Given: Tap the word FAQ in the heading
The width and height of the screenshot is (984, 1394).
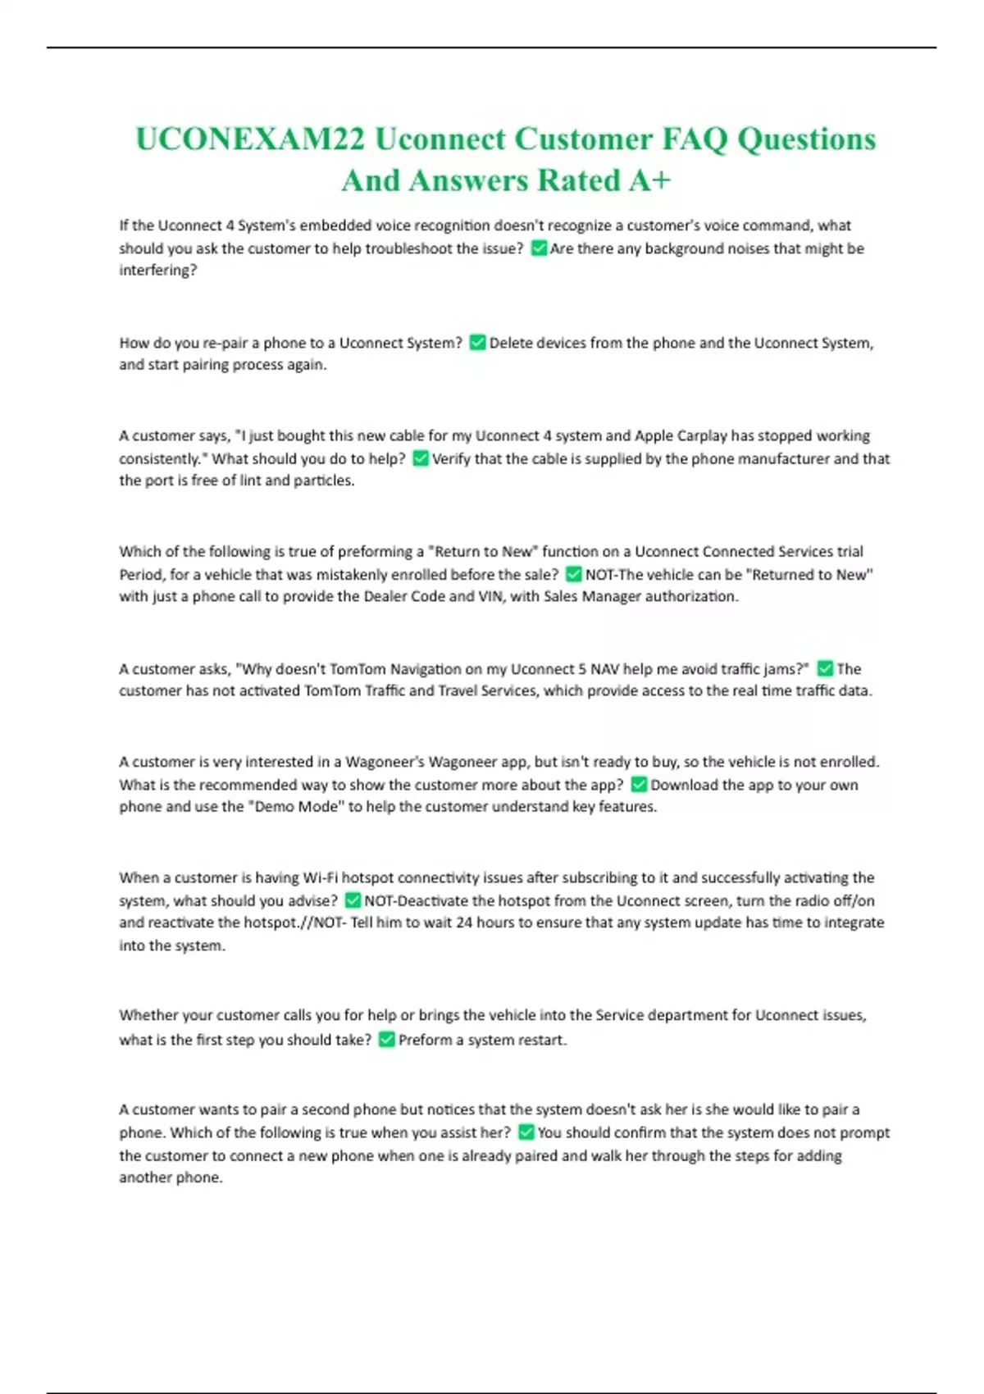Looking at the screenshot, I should [694, 139].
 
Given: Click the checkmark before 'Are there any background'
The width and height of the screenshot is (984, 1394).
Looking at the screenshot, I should [539, 248].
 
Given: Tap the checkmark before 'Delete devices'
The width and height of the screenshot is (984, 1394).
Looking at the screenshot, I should [477, 343].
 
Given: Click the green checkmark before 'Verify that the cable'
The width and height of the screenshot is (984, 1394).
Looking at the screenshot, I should [420, 458].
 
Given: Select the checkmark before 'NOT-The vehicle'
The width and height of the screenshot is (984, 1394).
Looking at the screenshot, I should [574, 574].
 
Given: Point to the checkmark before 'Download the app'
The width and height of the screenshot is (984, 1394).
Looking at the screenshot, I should [639, 785].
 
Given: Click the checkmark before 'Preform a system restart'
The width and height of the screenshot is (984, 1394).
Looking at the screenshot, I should [386, 1040].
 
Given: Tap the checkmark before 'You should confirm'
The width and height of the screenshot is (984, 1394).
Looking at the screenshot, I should [526, 1132].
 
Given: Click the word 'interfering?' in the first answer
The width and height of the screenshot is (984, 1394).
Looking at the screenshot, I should [158, 270].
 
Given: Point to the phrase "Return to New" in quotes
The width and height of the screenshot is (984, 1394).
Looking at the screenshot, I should [489, 551].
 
